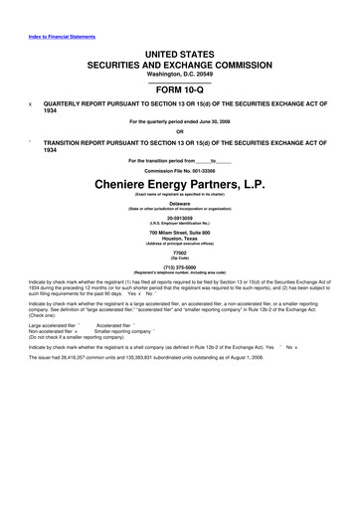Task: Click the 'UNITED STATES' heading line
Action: click(x=179, y=54)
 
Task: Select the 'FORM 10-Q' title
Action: click(x=179, y=88)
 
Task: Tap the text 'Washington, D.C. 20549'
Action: click(x=179, y=74)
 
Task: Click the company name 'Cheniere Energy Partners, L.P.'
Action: click(x=179, y=185)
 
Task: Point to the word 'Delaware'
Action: click(x=179, y=202)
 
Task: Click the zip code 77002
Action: click(x=179, y=253)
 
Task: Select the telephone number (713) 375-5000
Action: click(x=179, y=267)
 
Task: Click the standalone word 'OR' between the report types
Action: click(x=179, y=131)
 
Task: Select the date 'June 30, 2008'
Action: click(x=210, y=122)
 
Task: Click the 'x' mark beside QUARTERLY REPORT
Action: click(x=32, y=102)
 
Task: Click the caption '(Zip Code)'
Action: click(x=179, y=258)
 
